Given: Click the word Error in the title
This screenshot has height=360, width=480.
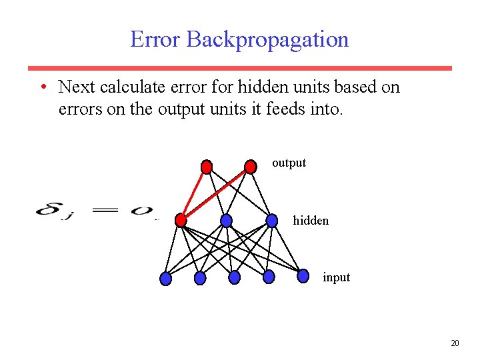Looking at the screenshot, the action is pyautogui.click(x=155, y=39).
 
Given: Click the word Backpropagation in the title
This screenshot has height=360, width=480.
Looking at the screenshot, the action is pyautogui.click(x=267, y=40).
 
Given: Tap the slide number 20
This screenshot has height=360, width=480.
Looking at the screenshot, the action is pyautogui.click(x=455, y=343).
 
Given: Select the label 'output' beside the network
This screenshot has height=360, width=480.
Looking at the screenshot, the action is pyautogui.click(x=289, y=163).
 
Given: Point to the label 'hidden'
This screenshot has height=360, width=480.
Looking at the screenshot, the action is pyautogui.click(x=311, y=220).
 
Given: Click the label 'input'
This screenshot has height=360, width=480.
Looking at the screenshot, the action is pyautogui.click(x=336, y=277).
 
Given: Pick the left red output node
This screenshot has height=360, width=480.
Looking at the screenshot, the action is pyautogui.click(x=207, y=166).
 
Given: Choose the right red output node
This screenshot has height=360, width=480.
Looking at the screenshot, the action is pyautogui.click(x=250, y=166).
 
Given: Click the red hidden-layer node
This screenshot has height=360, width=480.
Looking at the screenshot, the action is pyautogui.click(x=181, y=220).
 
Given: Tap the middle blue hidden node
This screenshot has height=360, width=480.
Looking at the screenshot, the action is pyautogui.click(x=226, y=220).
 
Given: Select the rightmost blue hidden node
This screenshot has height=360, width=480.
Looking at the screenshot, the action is pyautogui.click(x=272, y=220).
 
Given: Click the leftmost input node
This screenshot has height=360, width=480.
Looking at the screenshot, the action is pyautogui.click(x=166, y=279).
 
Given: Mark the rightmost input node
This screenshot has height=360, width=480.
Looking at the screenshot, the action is pyautogui.click(x=303, y=275).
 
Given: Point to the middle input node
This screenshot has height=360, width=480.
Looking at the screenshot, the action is pyautogui.click(x=234, y=277).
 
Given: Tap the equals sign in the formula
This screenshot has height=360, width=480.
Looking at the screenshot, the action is pyautogui.click(x=105, y=211).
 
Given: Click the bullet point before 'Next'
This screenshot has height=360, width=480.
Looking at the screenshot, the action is pyautogui.click(x=42, y=87).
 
